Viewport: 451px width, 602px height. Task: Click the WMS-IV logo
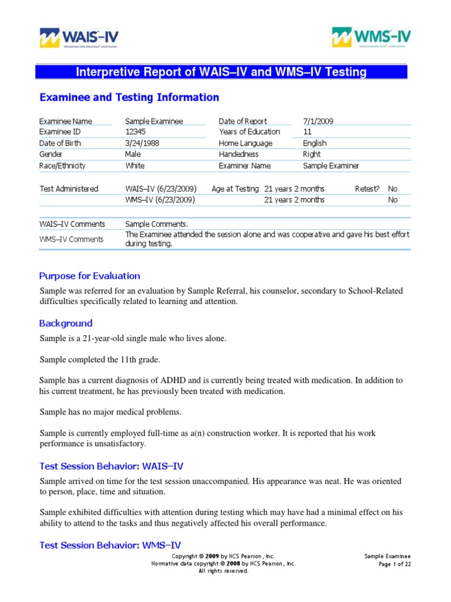371,37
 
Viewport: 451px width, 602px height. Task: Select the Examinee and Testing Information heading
129,98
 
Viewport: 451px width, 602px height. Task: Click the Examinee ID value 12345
137,132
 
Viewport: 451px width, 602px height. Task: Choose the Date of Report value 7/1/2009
318,121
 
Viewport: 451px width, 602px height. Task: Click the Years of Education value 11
307,132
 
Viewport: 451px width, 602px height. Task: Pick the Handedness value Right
312,154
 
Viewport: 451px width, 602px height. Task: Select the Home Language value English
315,143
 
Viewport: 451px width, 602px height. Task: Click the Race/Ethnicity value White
135,166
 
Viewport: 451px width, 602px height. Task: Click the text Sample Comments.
157,224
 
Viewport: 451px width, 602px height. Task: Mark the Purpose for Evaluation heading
89,276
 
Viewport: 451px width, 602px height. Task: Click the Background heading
66,323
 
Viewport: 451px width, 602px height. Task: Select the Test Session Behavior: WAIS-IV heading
111,466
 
